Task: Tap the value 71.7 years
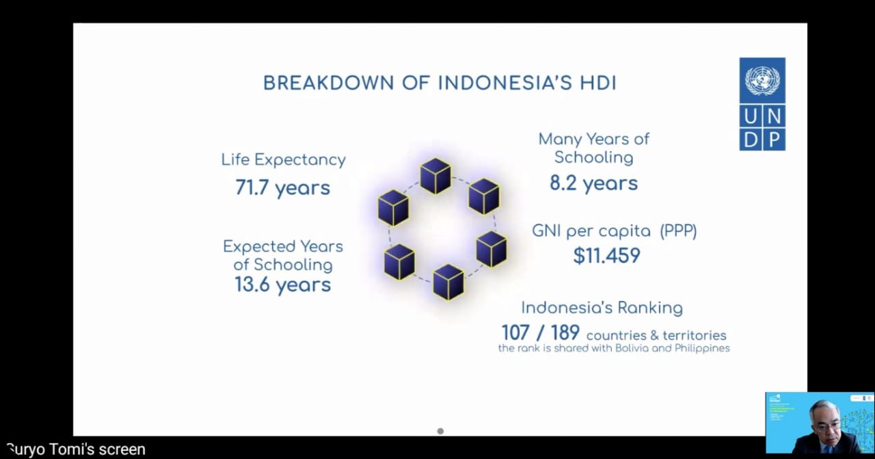click(x=282, y=187)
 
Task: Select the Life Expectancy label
click(x=283, y=160)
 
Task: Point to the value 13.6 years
click(x=282, y=285)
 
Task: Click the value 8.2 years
click(x=593, y=183)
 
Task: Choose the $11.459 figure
click(x=606, y=256)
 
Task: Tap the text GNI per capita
click(x=592, y=231)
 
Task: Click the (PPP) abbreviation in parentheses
click(x=678, y=231)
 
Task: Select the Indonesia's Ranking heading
click(x=602, y=308)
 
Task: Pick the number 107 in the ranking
click(x=516, y=333)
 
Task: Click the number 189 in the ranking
click(x=565, y=333)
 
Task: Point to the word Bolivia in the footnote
click(x=641, y=348)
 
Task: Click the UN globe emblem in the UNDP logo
click(x=762, y=81)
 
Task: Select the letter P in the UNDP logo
click(x=774, y=139)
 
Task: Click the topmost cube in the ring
click(x=435, y=176)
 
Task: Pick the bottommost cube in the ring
click(x=448, y=282)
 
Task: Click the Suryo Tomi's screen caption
click(x=75, y=449)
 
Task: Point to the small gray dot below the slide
click(x=440, y=431)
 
